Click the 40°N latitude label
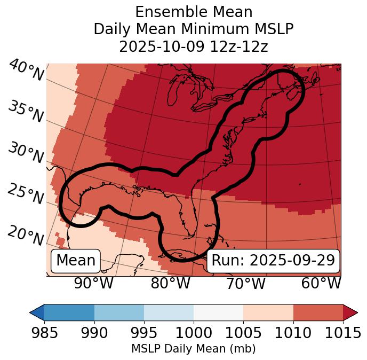coord(26,71)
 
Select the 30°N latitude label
coord(26,154)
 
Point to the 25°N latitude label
coord(26,194)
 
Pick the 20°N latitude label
coord(26,236)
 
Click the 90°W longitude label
coord(94,284)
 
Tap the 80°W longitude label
coord(170,284)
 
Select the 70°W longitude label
coord(246,284)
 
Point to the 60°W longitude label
coord(321,284)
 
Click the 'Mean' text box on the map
coord(76,261)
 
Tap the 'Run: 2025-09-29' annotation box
coord(273,261)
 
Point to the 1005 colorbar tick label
coord(243,333)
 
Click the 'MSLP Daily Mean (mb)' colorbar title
coord(193,349)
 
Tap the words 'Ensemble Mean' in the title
coord(193,12)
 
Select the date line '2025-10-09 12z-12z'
coord(193,46)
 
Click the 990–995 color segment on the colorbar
coord(119,312)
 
